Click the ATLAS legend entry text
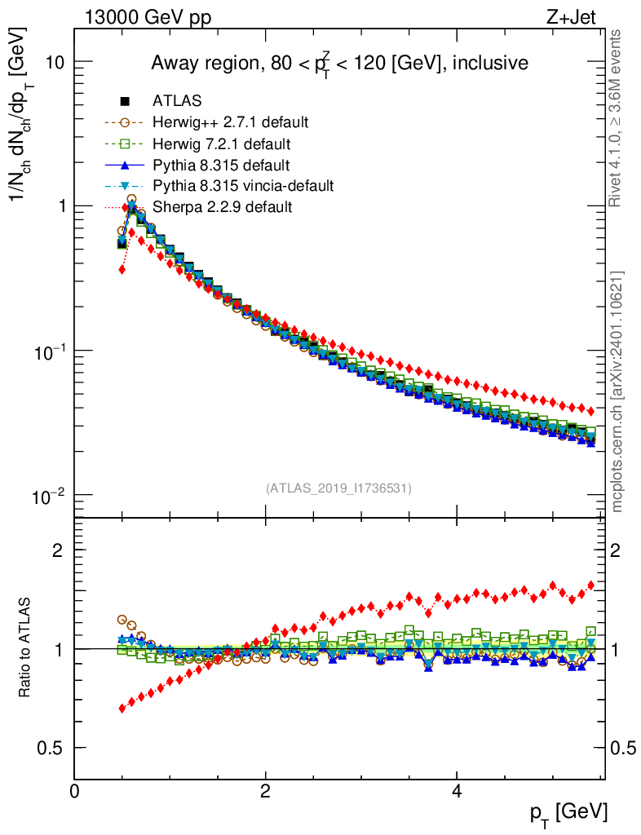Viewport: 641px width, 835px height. coord(177,101)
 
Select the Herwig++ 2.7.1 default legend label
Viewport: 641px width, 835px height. coord(230,122)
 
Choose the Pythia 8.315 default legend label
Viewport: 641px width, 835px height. coord(221,165)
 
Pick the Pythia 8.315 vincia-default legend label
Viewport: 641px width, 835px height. coord(243,186)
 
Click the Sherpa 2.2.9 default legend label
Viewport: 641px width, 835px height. coord(222,207)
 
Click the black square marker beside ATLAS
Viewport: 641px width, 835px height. coord(125,101)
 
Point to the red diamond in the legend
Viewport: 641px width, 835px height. coord(125,207)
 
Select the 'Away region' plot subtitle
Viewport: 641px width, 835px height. coord(338,63)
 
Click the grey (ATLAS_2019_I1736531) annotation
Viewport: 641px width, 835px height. coord(338,488)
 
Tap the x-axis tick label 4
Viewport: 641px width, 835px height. coord(457,791)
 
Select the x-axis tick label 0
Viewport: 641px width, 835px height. coord(75,791)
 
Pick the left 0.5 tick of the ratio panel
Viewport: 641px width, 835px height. coord(51,748)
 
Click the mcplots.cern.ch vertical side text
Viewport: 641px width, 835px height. coord(618,391)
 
